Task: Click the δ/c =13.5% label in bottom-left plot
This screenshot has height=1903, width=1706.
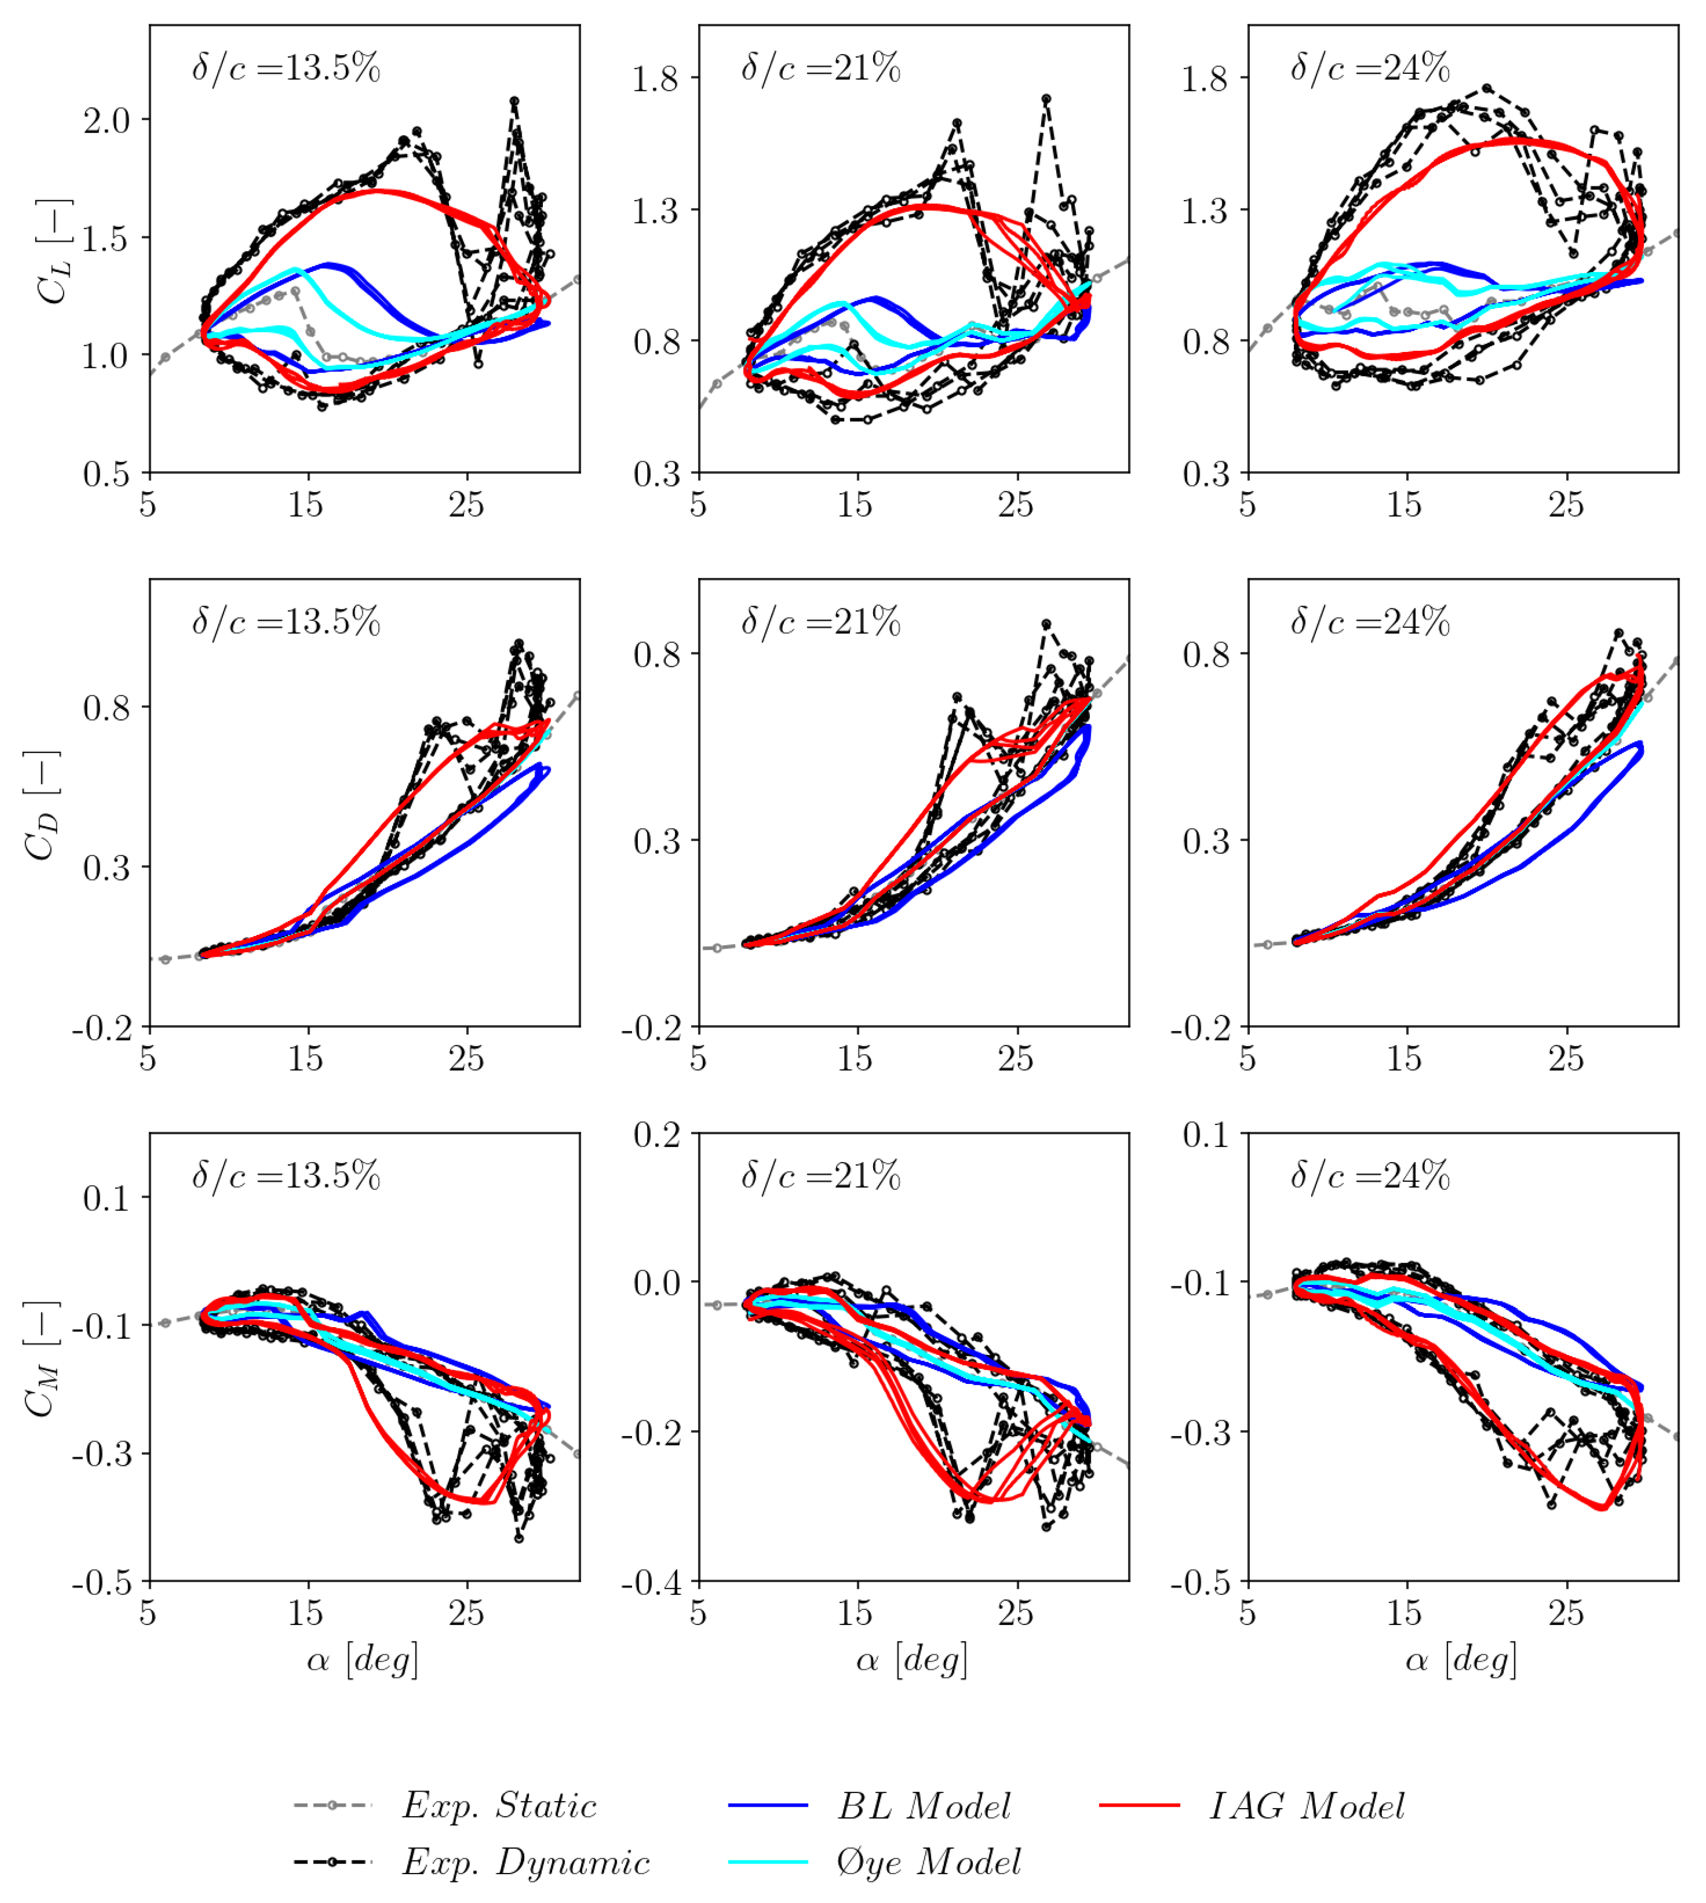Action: (286, 1175)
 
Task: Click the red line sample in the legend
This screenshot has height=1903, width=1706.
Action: (1139, 1804)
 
